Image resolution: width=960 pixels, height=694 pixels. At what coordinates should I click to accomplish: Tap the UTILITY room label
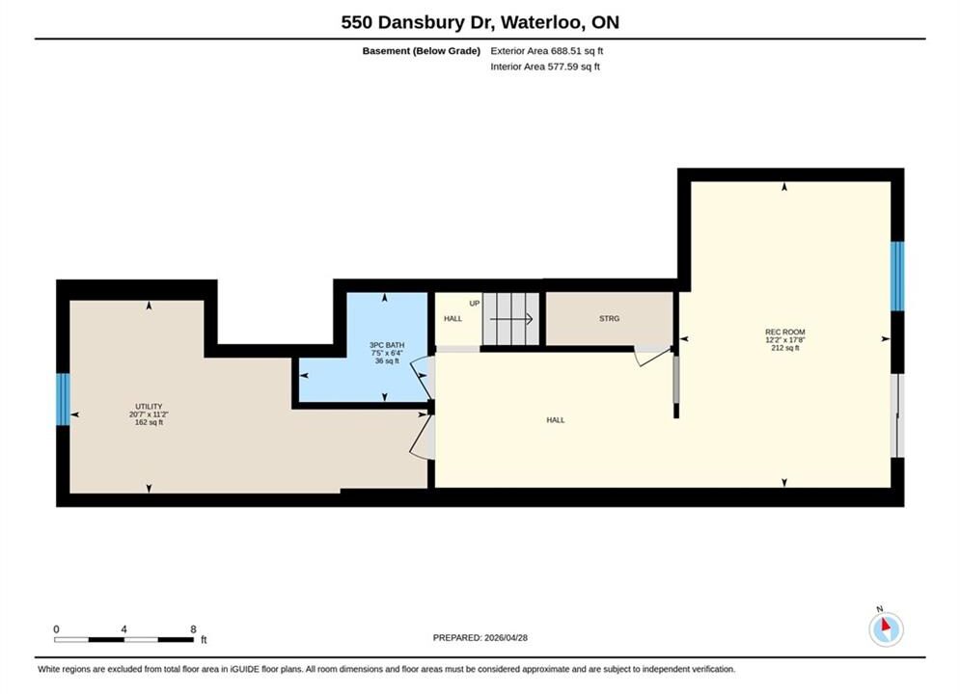click(149, 407)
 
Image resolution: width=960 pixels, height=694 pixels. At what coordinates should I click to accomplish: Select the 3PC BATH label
click(387, 345)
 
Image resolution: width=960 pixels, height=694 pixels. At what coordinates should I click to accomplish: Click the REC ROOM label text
click(785, 332)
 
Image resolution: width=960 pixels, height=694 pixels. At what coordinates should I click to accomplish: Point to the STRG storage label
click(609, 319)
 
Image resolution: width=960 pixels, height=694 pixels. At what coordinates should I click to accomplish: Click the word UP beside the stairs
click(475, 304)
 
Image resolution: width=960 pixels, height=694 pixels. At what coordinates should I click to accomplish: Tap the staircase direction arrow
click(511, 319)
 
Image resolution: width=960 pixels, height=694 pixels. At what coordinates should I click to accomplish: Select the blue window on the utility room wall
click(63, 399)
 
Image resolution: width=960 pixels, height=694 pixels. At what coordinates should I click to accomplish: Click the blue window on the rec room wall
click(897, 277)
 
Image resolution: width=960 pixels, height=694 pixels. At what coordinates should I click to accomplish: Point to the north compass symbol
click(886, 627)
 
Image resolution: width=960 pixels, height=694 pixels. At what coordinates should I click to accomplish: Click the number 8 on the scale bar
click(194, 629)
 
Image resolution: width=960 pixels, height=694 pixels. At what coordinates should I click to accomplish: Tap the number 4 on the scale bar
click(124, 629)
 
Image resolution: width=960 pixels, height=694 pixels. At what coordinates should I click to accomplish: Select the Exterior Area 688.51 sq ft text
click(547, 51)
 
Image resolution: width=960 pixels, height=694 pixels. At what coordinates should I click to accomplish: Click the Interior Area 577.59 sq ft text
click(545, 67)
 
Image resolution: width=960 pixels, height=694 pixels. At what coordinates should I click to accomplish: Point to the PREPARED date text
click(480, 638)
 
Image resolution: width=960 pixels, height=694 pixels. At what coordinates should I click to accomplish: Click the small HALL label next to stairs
click(453, 319)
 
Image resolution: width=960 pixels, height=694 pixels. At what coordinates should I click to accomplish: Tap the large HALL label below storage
click(556, 420)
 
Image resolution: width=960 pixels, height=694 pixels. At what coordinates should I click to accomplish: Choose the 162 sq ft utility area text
click(149, 422)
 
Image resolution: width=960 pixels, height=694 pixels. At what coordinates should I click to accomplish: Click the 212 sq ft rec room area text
click(785, 348)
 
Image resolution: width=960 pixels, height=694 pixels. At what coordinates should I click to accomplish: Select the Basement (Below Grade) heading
click(422, 51)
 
